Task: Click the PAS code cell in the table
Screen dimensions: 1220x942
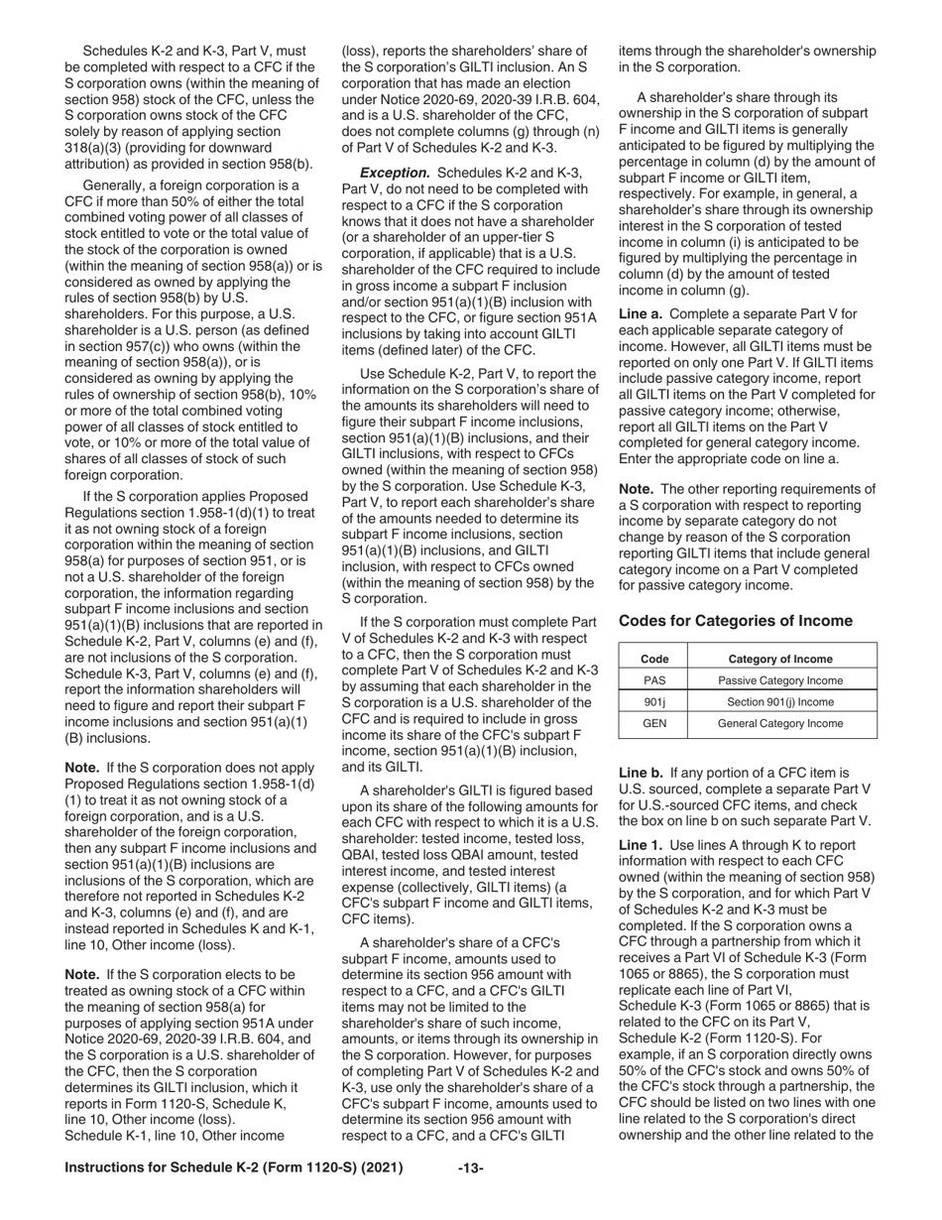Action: click(x=654, y=680)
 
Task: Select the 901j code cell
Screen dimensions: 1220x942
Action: click(x=654, y=702)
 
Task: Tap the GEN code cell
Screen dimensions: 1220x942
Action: click(x=654, y=724)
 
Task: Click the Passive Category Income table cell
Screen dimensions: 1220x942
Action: click(x=780, y=680)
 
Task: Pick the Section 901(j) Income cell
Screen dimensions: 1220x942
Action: click(x=780, y=702)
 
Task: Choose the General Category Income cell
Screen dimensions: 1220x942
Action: click(x=780, y=724)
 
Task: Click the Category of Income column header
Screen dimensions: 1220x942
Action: click(x=780, y=660)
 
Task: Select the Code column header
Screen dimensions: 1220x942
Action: click(x=654, y=660)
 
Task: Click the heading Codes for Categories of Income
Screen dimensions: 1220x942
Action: click(x=735, y=621)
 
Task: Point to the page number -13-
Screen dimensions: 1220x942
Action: click(x=470, y=1168)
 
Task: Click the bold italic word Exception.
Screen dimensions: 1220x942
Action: click(x=394, y=172)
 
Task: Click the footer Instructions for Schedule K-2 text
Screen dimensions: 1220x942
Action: click(x=233, y=1168)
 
